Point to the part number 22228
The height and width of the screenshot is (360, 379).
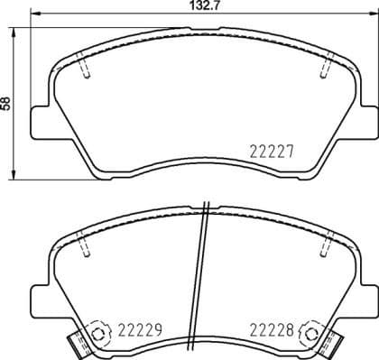click(272, 331)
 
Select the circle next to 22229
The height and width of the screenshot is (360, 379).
click(97, 330)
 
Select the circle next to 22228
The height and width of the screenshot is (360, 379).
click(313, 330)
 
